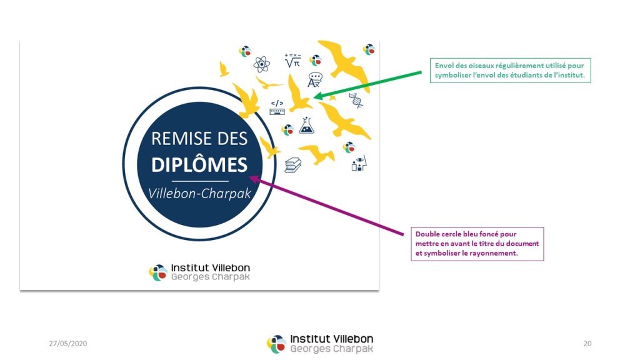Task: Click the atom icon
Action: [261, 64]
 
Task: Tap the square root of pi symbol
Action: [292, 61]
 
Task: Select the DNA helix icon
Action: [356, 100]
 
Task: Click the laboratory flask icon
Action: [306, 126]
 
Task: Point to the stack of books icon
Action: [292, 165]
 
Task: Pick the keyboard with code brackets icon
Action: [277, 107]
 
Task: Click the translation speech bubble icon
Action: [314, 80]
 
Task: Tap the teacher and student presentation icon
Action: [358, 164]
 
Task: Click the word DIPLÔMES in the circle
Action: [199, 164]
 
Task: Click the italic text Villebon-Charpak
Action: [199, 193]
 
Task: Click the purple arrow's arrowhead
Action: [256, 179]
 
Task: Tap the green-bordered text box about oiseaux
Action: [510, 70]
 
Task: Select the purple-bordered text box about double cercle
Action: [477, 244]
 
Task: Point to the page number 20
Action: [587, 343]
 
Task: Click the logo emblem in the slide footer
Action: [276, 344]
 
